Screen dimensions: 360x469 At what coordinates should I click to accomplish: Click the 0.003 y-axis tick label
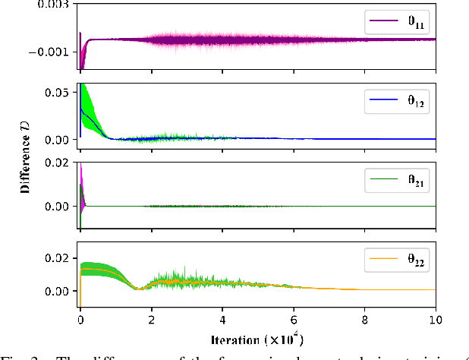click(57, 5)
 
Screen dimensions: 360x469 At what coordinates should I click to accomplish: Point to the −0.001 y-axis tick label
click(54, 52)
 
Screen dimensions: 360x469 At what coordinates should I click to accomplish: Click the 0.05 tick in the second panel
click(60, 92)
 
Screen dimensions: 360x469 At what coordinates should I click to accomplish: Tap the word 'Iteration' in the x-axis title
click(234, 334)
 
